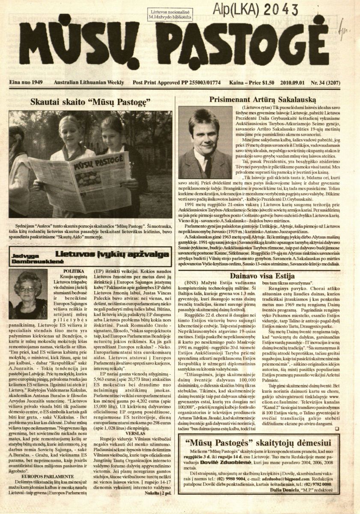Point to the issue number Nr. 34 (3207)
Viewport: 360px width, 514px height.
[333, 82]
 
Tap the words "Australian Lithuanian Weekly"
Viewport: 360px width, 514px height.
[89, 82]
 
